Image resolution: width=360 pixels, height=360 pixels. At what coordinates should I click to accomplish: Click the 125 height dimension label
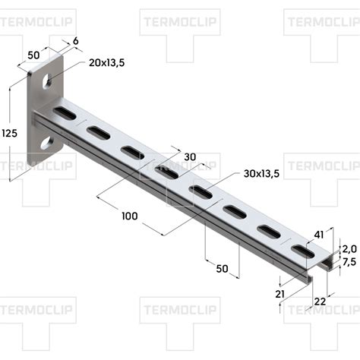(x=10, y=133)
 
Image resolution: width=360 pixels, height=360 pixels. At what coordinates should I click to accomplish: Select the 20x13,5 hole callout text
(x=107, y=63)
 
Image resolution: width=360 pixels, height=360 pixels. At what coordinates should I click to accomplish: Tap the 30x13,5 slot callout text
(x=261, y=174)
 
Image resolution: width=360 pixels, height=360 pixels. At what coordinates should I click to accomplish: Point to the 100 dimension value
(x=130, y=216)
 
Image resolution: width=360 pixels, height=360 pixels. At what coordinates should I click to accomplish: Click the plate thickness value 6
(x=75, y=41)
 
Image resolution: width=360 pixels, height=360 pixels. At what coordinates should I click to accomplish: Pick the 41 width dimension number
(x=319, y=235)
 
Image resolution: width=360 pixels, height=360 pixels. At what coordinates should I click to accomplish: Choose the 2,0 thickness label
(x=349, y=249)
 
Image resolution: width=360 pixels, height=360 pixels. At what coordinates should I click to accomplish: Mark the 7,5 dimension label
(x=349, y=262)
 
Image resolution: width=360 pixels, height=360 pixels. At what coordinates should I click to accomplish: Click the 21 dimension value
(x=280, y=294)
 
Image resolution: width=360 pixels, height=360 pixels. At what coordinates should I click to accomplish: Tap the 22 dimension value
(x=320, y=302)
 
